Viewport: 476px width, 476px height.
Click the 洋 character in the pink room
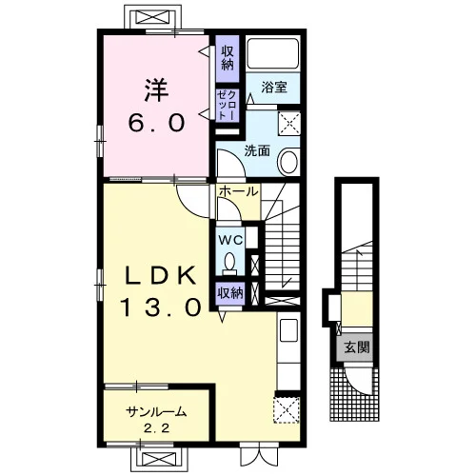pos(156,89)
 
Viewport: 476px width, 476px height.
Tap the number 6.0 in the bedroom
pos(156,123)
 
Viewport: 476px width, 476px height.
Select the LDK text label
pos(160,275)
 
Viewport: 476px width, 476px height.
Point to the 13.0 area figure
pos(160,307)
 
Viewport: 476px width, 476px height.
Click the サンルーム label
pos(155,412)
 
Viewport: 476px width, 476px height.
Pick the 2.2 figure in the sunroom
pos(156,428)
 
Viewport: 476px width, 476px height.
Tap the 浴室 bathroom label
pos(274,87)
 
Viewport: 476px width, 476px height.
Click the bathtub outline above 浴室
pos(273,53)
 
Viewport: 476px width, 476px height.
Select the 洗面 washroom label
pos(257,151)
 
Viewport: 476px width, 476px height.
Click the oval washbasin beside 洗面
pos(288,162)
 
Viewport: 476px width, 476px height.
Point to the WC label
pos(230,240)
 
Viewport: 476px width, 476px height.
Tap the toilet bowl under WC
pos(229,263)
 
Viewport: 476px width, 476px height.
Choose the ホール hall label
pos(238,191)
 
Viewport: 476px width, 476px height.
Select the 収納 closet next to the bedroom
pos(228,58)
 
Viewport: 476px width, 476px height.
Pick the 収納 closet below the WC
pos(230,293)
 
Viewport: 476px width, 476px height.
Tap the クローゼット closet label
pos(228,105)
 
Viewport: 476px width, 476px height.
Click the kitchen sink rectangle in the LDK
pos(288,330)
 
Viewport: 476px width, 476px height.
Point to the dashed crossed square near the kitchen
pos(287,409)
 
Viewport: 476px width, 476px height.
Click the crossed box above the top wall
pos(152,17)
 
